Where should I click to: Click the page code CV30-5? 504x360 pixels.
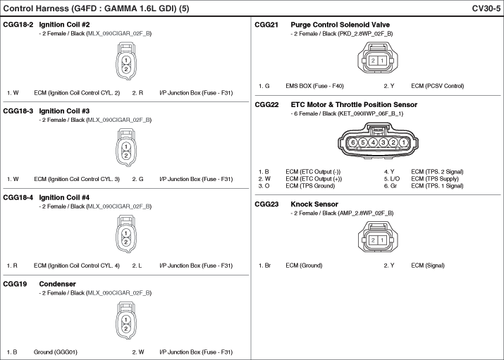(486, 8)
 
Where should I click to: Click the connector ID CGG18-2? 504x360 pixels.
(18, 25)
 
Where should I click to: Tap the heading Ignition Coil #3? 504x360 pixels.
(64, 111)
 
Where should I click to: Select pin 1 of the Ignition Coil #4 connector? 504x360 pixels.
(126, 233)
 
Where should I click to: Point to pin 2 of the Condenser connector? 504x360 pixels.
(126, 328)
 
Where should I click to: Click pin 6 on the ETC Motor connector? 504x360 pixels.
(353, 142)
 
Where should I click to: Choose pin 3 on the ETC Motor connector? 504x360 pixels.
(383, 142)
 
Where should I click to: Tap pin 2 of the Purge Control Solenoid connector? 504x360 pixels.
(373, 61)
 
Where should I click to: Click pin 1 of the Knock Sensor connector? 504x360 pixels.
(382, 240)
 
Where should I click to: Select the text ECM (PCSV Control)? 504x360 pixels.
(438, 86)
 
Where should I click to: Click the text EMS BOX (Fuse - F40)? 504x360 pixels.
(314, 86)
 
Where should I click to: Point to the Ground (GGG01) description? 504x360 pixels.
(56, 352)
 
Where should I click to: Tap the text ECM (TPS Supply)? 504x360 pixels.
(435, 179)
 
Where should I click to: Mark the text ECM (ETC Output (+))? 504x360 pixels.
(314, 179)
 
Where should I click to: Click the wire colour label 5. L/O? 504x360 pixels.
(392, 179)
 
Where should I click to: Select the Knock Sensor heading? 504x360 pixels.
(314, 204)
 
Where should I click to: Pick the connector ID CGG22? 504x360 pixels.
(266, 105)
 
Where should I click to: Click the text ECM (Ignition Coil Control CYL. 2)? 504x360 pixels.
(77, 93)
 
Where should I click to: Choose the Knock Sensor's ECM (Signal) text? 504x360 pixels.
(428, 266)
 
